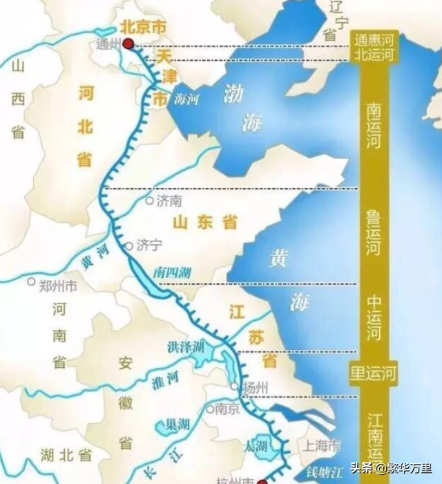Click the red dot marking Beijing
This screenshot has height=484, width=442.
pyautogui.click(x=128, y=44)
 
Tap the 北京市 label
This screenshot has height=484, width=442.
pyautogui.click(x=144, y=27)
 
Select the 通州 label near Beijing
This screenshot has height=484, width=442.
pyautogui.click(x=110, y=45)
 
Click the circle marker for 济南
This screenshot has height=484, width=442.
pyautogui.click(x=148, y=201)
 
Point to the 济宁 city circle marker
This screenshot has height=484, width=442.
pyautogui.click(x=128, y=245)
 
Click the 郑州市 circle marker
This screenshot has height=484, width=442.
pyautogui.click(x=31, y=281)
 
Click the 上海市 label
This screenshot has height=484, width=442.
pyautogui.click(x=323, y=444)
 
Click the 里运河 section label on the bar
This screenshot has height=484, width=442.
pyautogui.click(x=374, y=373)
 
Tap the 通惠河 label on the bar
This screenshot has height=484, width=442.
pyautogui.click(x=373, y=39)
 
